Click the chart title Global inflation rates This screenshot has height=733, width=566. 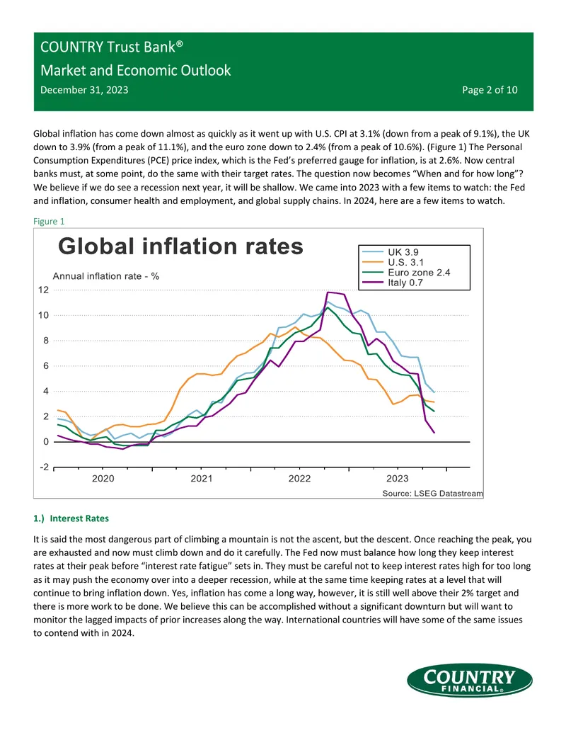point(180,246)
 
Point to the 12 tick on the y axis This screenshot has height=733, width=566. point(43,290)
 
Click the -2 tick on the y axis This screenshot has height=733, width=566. point(44,467)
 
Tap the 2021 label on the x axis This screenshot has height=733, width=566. point(201,478)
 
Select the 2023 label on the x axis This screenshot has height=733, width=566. point(398,478)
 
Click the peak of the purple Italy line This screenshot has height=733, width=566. point(328,292)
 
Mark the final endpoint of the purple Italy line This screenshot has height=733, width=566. point(434,433)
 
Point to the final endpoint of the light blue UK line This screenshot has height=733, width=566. point(434,392)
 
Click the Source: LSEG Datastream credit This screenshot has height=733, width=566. point(432,493)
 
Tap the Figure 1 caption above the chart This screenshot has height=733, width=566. point(49,221)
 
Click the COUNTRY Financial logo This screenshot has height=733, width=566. point(469,680)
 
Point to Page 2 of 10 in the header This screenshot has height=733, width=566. point(490,90)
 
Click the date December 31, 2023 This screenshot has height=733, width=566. point(84,90)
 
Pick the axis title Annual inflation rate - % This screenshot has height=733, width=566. point(106,276)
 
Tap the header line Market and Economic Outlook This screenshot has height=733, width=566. point(135,70)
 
